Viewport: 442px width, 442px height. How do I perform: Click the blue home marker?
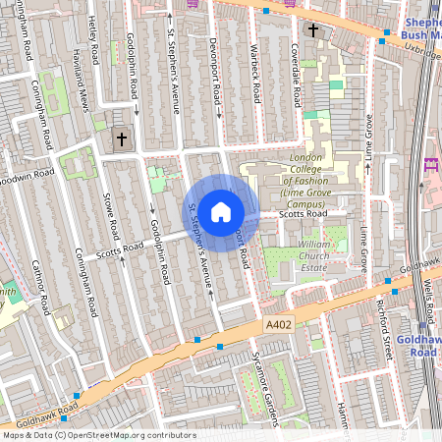pyautogui.click(x=221, y=210)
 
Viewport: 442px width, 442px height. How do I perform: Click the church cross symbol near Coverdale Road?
pyautogui.click(x=313, y=30)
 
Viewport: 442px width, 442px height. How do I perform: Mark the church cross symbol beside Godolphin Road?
pyautogui.click(x=122, y=139)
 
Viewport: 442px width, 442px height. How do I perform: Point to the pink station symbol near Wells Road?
pyautogui.click(x=429, y=165)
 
